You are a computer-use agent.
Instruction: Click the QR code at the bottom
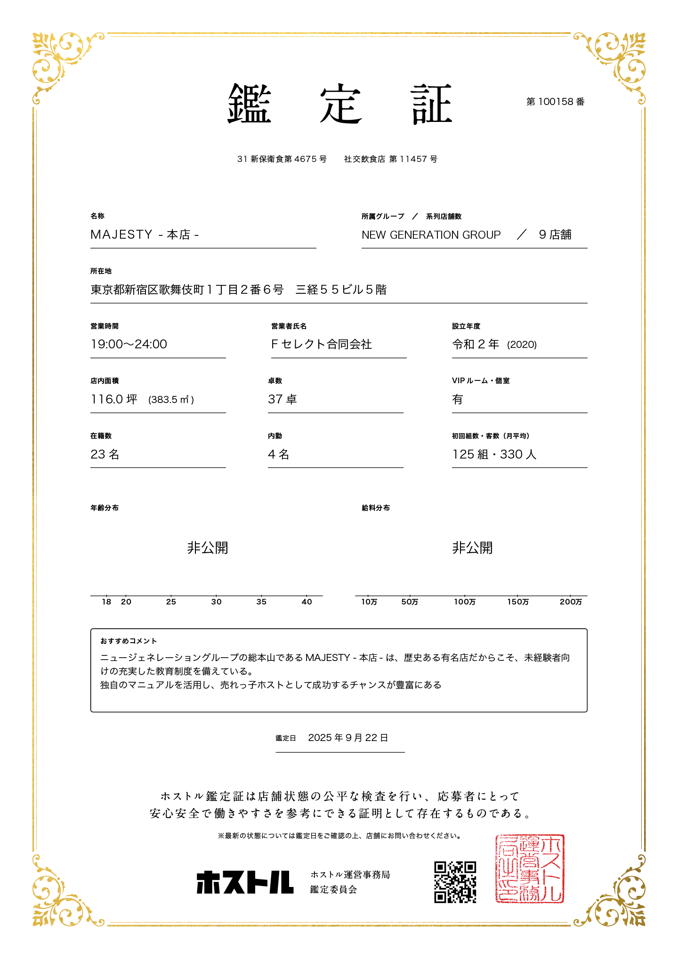(455, 882)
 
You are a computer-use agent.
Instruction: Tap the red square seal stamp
(529, 869)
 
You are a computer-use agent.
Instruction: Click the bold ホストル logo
(245, 882)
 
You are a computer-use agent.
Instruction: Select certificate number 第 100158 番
(555, 102)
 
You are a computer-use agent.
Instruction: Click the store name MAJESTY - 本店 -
(145, 234)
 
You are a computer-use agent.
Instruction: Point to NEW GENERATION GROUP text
(431, 235)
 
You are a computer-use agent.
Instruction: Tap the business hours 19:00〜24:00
(129, 344)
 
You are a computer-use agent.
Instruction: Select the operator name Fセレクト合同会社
(321, 344)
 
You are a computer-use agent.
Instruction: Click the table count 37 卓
(282, 399)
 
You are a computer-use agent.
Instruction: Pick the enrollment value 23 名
(105, 454)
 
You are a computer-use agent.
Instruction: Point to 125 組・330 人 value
(494, 454)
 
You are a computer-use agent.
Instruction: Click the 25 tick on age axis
(171, 602)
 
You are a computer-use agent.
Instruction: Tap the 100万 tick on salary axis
(465, 602)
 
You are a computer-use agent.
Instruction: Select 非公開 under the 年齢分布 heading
(208, 548)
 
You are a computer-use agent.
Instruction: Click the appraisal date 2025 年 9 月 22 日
(348, 738)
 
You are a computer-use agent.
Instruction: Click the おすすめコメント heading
(129, 641)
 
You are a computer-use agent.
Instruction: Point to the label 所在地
(101, 271)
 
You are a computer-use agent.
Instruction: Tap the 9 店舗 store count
(555, 234)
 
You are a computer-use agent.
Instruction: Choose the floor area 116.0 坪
(114, 399)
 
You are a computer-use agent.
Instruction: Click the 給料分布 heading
(376, 508)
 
